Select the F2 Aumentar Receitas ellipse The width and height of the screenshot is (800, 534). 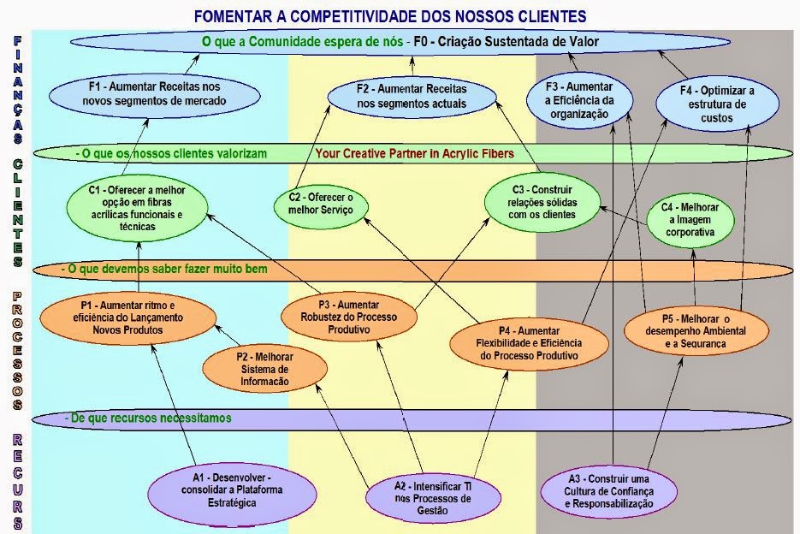coord(411,96)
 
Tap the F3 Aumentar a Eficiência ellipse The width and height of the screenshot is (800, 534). coord(581,98)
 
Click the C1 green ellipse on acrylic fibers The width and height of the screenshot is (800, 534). coord(137,208)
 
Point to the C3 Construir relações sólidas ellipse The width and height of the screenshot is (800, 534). coord(541,202)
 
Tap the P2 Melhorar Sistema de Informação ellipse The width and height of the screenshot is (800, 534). coord(265,369)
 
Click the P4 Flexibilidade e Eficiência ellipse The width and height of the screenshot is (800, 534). coord(529,343)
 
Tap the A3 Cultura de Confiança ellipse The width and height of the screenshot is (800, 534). coord(610,492)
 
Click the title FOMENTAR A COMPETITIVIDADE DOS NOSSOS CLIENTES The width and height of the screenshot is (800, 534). coord(390,16)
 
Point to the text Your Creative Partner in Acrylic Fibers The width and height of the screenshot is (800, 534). coord(414,154)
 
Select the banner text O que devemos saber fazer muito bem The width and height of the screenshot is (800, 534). coord(167,270)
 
